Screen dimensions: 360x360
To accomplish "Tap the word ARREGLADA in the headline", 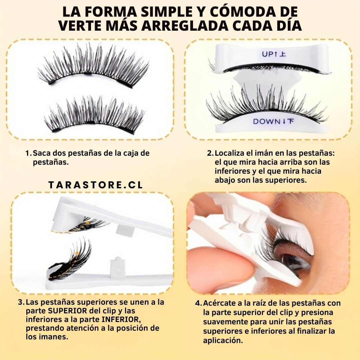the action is pos(185,26).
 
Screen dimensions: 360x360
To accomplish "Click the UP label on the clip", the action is pos(268,54).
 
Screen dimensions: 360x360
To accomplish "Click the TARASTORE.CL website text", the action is pos(96,185).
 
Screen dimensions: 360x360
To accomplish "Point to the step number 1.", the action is pos(28,153).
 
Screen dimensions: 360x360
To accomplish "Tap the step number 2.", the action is pos(210,153).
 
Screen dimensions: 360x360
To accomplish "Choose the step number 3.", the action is pos(21,302).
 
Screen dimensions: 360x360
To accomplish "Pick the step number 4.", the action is pos(199,303).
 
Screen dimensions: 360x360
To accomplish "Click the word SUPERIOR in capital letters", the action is pos(67,311).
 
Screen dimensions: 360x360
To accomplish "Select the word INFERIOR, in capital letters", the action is pos(121,320).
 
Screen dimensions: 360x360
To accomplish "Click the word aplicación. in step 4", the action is pos(223,340).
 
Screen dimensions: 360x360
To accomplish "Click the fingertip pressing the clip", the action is pos(232,266).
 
